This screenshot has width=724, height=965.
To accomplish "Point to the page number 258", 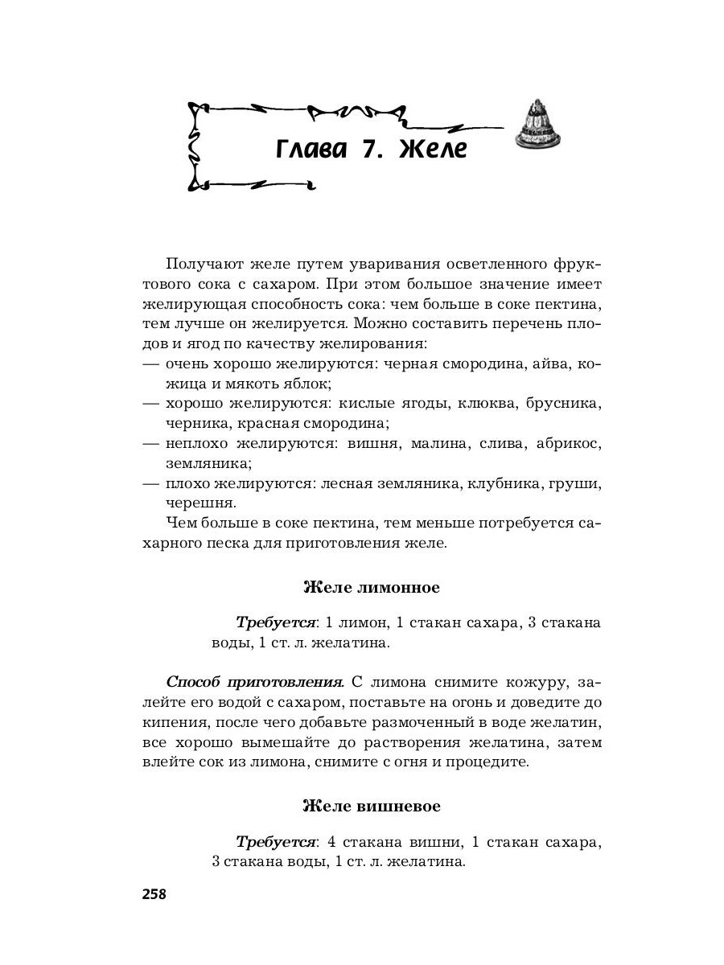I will pos(153,893).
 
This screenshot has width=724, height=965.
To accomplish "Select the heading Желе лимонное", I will pos(371,587).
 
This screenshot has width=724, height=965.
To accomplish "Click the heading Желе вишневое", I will pos(371,805).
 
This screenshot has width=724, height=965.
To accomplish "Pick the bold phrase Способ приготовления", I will pos(254,682).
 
